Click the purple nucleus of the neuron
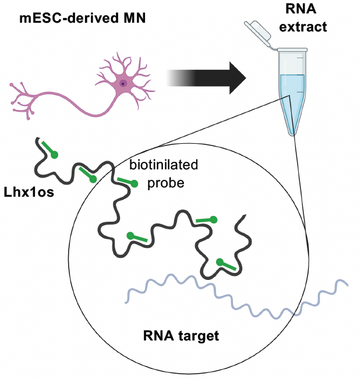click(x=123, y=83)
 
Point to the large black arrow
click(x=210, y=78)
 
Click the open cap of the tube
click(x=257, y=33)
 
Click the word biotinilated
click(x=164, y=166)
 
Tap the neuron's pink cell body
click(x=123, y=84)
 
